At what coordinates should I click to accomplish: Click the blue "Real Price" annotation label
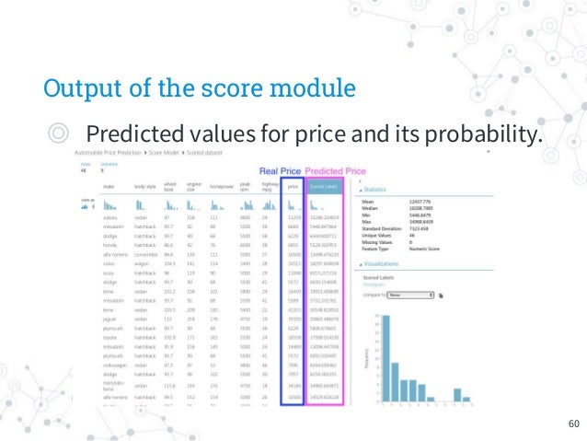[x=281, y=170]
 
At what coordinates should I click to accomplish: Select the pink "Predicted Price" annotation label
[x=336, y=170]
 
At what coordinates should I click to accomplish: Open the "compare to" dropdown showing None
[x=410, y=296]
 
